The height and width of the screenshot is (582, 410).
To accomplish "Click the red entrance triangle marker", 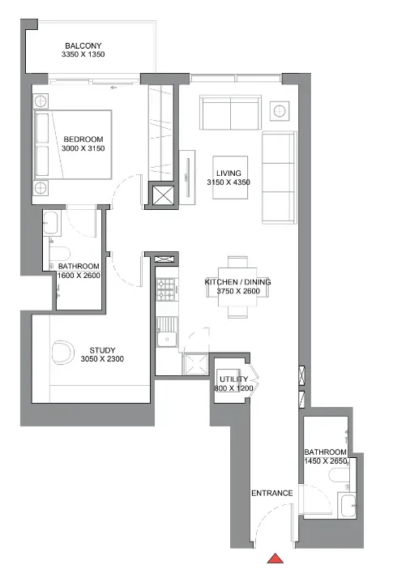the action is [x=275, y=558].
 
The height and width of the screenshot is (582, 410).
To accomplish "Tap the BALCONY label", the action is [x=83, y=45].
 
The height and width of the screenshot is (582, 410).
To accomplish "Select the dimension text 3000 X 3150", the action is [x=83, y=148].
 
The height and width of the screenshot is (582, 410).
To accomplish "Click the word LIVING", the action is [x=228, y=173].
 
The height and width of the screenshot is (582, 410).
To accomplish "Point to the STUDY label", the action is [x=102, y=350].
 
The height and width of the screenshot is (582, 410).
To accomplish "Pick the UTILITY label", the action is [x=233, y=379].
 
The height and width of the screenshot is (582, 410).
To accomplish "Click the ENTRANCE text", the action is [x=272, y=493].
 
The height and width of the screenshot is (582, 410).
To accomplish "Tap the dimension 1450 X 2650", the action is [x=326, y=461].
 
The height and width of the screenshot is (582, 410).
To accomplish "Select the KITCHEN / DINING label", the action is [x=238, y=282].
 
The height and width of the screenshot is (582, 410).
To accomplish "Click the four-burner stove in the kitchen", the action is [x=166, y=289].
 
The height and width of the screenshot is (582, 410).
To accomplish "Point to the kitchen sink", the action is [x=167, y=339].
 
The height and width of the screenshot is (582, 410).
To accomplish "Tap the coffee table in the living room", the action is [x=230, y=178].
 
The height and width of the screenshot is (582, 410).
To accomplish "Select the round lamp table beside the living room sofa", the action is [x=280, y=110].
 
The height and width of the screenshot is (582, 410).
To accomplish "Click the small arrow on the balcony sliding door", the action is [x=114, y=88].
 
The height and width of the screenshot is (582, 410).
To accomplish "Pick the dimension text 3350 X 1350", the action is [x=83, y=54].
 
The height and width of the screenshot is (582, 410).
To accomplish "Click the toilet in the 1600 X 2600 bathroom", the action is [x=60, y=255].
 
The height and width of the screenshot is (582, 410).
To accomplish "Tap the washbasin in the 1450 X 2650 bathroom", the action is [x=348, y=505].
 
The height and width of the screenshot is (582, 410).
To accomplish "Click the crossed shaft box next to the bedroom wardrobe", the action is [x=163, y=195].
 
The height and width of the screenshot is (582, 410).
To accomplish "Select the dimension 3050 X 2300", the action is [x=102, y=359].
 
